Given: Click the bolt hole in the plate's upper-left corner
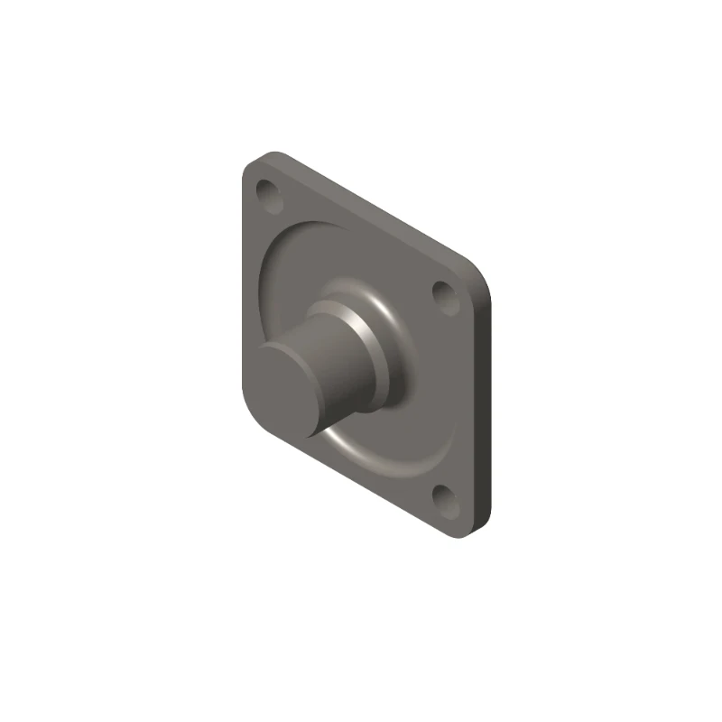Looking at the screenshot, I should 268,192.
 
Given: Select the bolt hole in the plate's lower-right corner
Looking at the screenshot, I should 441,495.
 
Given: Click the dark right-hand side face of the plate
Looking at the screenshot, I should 486,406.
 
